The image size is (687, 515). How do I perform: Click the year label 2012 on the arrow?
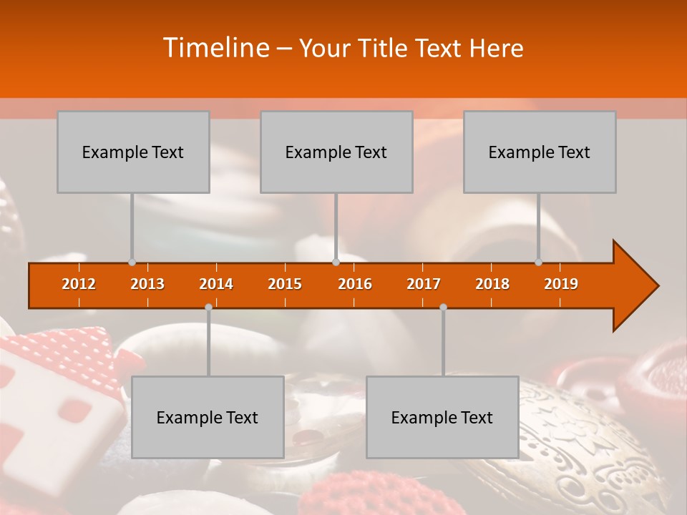[79, 284]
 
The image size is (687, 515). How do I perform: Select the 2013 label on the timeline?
[147, 284]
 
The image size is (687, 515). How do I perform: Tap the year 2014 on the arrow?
[216, 284]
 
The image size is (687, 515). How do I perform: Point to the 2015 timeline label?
[285, 284]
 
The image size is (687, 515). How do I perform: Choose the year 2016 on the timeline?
[355, 284]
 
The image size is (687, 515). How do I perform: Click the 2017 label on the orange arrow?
[424, 284]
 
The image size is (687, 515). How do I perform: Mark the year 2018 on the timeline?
[492, 284]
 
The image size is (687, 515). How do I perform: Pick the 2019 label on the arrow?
[561, 284]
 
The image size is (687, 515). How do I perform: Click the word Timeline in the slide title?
[215, 48]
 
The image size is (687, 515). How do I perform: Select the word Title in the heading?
[386, 48]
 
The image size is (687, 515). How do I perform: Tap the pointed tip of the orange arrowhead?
[657, 286]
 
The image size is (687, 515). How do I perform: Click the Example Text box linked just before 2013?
[133, 152]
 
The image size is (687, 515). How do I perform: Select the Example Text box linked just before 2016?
[336, 152]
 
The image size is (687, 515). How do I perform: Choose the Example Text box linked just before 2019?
[540, 152]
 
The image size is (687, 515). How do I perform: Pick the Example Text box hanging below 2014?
[208, 417]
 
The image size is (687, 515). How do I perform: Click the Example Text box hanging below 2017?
[442, 417]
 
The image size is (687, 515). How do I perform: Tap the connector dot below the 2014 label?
[208, 307]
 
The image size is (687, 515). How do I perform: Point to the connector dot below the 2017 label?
[443, 307]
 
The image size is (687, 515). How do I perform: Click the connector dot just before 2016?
[336, 262]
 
